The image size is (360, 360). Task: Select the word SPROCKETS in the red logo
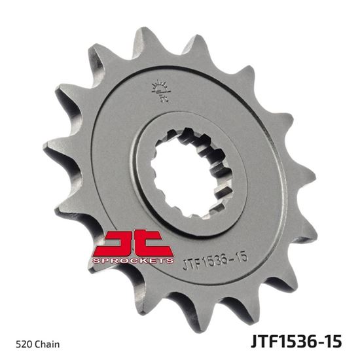click(x=134, y=260)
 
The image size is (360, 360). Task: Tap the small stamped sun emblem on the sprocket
click(x=158, y=89)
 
